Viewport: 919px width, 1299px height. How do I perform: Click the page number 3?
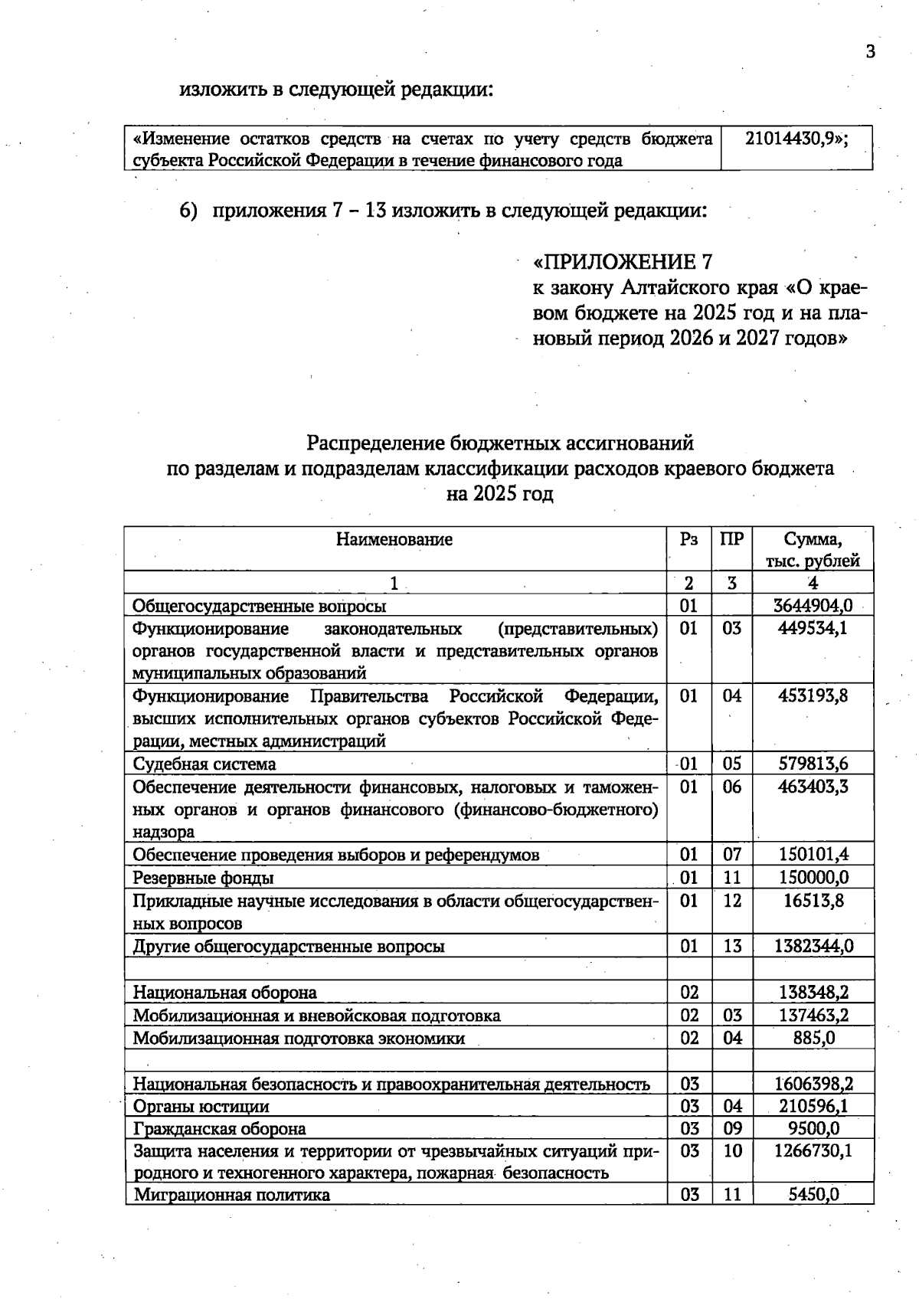point(869,52)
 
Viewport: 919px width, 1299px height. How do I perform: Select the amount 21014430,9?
point(796,139)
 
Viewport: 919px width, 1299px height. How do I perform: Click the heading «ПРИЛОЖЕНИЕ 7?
point(623,263)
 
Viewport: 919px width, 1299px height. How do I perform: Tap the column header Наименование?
point(394,539)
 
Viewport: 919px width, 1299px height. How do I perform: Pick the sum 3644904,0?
point(813,606)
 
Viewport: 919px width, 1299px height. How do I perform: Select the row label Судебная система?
point(204,764)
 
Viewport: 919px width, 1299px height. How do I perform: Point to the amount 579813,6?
point(813,764)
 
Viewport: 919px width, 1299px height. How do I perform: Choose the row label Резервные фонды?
point(203,878)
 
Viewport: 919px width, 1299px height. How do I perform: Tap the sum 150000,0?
point(813,878)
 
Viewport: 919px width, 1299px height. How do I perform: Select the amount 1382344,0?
point(813,946)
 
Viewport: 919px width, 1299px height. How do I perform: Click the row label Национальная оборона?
point(224,993)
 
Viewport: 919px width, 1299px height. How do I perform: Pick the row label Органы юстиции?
point(201,1107)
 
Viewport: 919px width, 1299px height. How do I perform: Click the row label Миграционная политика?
point(232,1195)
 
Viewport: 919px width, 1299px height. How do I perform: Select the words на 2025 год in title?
point(499,494)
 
